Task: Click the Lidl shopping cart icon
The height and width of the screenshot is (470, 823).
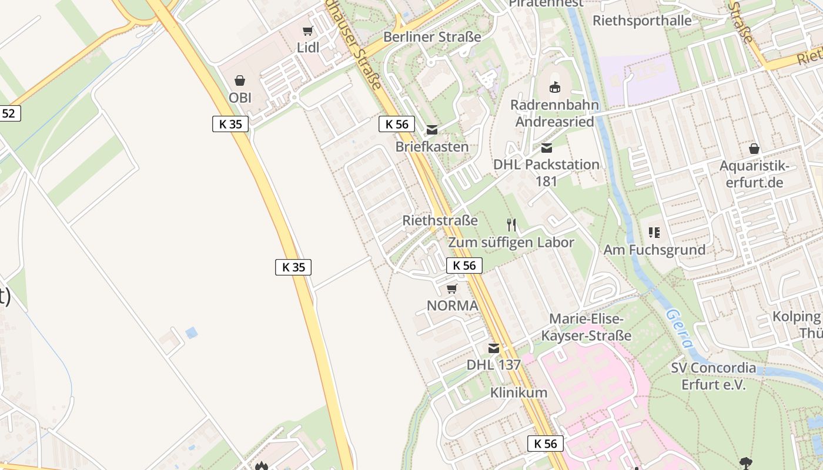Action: [307, 31]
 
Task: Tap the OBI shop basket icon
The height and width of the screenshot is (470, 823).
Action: [240, 80]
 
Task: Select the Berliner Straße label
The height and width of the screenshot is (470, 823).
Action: [432, 37]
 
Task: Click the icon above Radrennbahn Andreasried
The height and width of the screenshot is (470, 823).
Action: [554, 88]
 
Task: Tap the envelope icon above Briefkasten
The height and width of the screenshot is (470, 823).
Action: [432, 130]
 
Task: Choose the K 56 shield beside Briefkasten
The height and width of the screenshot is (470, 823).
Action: [397, 124]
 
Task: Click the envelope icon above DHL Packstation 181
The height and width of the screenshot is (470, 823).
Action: [547, 147]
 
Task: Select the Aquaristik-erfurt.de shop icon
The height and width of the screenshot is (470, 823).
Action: [754, 149]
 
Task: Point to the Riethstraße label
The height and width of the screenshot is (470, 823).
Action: [440, 221]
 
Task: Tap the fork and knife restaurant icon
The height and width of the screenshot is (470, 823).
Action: [511, 224]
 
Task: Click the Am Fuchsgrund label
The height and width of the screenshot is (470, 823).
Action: [654, 250]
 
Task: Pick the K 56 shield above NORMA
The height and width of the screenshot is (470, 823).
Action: [464, 266]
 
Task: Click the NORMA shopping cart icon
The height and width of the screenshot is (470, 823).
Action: [451, 288]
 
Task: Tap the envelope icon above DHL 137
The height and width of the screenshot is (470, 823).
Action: [494, 348]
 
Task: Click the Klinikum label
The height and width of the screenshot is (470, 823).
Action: [519, 392]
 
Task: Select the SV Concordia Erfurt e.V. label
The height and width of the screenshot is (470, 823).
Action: [714, 376]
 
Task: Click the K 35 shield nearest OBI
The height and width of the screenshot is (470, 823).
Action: [230, 124]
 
